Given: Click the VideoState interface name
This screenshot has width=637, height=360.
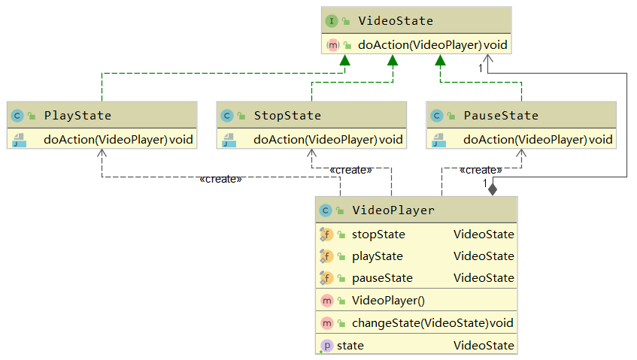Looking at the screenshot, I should tap(396, 21).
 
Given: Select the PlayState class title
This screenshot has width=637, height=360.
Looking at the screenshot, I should tap(77, 115).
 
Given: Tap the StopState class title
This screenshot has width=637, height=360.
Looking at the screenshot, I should tap(287, 115).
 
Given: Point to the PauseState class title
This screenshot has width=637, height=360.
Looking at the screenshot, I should tap(501, 115).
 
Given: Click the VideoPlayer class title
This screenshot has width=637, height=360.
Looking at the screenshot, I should tap(393, 210).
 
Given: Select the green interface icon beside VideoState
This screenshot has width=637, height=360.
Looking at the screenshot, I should tap(331, 21).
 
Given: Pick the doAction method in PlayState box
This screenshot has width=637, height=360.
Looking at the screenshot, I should tap(117, 139).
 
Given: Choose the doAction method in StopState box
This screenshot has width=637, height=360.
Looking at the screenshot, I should tap(327, 139).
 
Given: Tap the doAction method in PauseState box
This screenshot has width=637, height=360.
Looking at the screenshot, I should tap(537, 139).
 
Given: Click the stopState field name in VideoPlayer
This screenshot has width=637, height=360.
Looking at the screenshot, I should tap(378, 234).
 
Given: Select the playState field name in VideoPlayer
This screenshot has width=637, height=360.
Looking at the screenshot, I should tap(377, 256).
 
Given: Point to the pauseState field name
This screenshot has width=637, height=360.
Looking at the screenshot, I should tap(382, 277).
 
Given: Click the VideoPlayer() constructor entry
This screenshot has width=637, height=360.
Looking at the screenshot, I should tap(388, 301).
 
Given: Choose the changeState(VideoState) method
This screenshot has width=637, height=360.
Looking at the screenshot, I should tap(431, 323).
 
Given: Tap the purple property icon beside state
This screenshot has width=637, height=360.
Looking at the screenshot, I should tap(326, 346).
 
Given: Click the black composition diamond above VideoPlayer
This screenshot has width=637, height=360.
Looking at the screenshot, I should tap(493, 188).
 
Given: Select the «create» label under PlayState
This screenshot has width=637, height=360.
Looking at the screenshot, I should tap(220, 179).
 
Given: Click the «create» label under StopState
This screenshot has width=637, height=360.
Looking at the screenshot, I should tap(350, 170).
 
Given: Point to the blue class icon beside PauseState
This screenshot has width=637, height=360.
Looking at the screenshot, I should tap(438, 115).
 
